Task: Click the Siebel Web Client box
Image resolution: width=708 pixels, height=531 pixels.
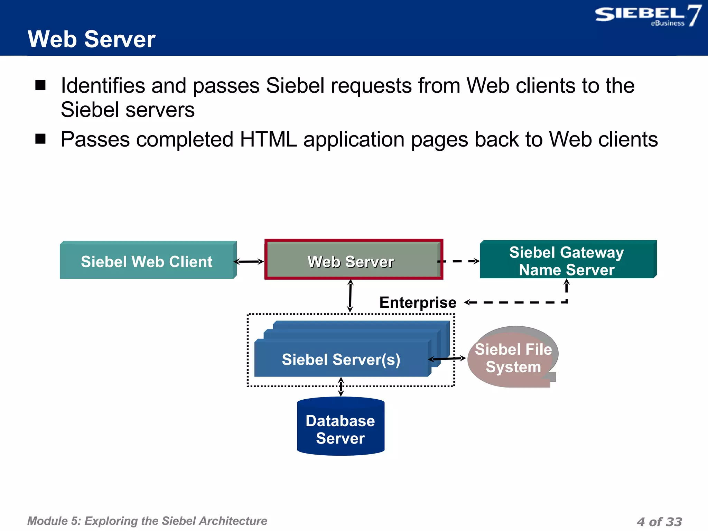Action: click(147, 261)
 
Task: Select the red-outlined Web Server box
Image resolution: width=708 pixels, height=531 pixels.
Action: click(351, 261)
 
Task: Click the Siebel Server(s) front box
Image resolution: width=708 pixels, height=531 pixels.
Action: click(341, 360)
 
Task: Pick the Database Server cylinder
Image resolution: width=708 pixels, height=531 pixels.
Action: click(341, 429)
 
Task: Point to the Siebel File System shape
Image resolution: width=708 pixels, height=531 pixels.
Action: click(513, 358)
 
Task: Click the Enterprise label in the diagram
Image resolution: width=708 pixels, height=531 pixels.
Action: click(418, 302)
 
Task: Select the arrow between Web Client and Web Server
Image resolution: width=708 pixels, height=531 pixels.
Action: click(249, 262)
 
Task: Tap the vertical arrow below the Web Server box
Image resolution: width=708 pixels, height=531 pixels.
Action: click(350, 296)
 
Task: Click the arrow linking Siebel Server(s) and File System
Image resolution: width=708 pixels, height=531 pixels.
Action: click(447, 359)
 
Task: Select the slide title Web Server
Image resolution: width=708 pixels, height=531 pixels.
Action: click(91, 39)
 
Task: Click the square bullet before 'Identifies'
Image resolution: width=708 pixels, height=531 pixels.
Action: click(40, 85)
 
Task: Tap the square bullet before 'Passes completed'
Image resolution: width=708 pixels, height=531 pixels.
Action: click(40, 139)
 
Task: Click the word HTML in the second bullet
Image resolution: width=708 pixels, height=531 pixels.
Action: click(268, 139)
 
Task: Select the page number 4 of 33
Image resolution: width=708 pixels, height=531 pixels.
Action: click(659, 522)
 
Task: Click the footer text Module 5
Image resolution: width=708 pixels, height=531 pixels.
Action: click(147, 521)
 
